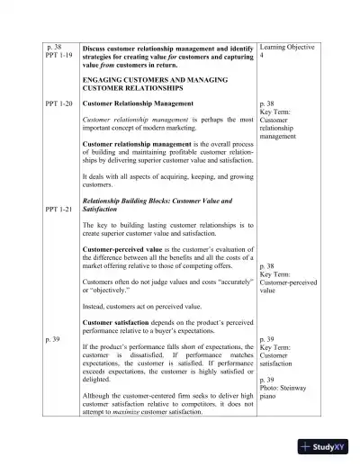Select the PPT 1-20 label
click(58, 104)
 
